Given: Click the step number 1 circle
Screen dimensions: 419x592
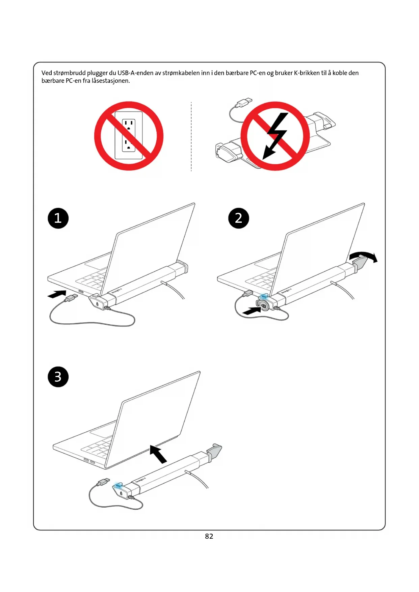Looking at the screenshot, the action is tap(58, 218).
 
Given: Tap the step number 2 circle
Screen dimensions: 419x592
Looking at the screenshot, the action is tap(239, 218).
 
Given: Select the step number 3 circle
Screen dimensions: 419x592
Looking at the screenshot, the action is tap(58, 377).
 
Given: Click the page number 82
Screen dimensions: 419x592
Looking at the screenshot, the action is tap(209, 536).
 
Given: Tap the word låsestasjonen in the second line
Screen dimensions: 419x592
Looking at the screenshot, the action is tap(111, 81).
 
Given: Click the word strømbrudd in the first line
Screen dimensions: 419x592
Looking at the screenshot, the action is tap(69, 73).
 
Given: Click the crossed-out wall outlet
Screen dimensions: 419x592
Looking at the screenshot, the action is tap(129, 136).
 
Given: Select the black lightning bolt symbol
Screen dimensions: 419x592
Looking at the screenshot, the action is tap(276, 135).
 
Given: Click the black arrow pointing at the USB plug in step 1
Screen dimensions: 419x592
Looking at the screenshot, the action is tap(57, 294).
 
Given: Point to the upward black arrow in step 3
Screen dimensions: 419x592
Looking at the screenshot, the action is tap(158, 454).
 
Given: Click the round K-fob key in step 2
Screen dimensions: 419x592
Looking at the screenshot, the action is tap(263, 305).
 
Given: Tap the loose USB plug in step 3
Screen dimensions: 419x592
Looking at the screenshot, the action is tap(103, 482).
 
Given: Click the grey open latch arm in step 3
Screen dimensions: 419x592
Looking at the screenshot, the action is tap(214, 451).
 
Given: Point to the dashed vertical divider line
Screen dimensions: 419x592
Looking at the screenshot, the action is tap(191, 136).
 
